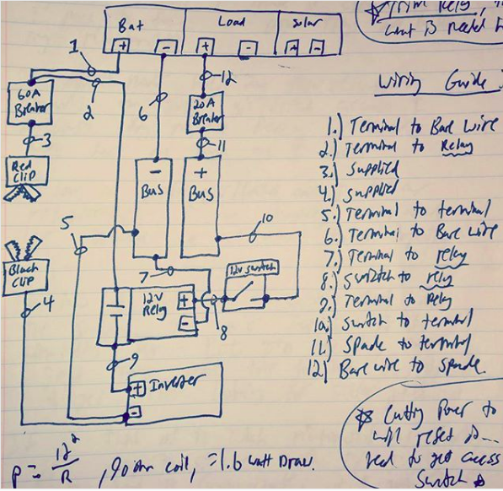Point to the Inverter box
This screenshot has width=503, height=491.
click(x=173, y=393)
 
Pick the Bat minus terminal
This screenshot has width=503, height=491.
click(x=165, y=46)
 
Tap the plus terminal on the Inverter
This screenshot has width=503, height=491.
click(x=136, y=389)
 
